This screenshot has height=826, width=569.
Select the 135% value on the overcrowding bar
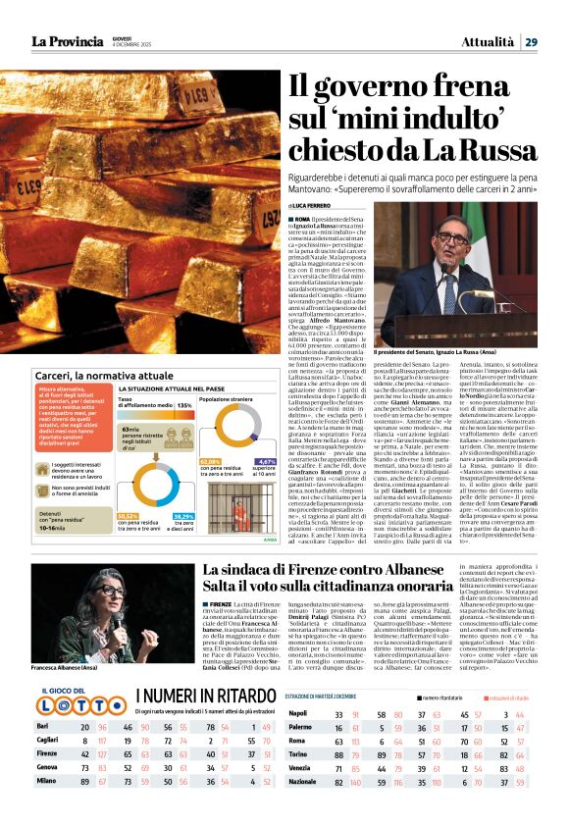click(x=183, y=404)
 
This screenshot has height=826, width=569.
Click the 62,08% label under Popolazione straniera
click(x=211, y=460)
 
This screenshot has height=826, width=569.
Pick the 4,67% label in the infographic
click(x=266, y=460)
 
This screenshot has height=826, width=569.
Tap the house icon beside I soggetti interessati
click(x=46, y=469)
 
